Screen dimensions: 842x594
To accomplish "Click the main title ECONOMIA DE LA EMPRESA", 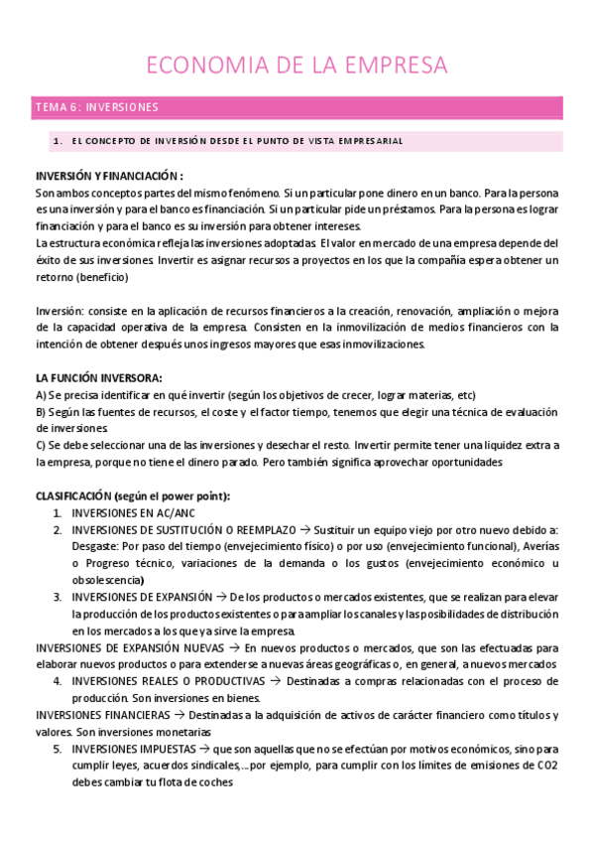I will (x=297, y=66).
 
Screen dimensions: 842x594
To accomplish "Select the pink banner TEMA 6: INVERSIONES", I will (x=97, y=107).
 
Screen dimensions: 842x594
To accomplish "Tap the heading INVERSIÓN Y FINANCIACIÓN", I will (x=107, y=175).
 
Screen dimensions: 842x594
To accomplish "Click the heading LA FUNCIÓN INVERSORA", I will (x=98, y=378).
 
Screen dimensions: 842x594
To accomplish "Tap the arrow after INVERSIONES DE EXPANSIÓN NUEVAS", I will (x=234, y=647).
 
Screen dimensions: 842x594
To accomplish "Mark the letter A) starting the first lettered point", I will (x=41, y=395).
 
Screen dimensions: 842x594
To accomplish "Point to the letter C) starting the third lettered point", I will (x=41, y=446).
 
